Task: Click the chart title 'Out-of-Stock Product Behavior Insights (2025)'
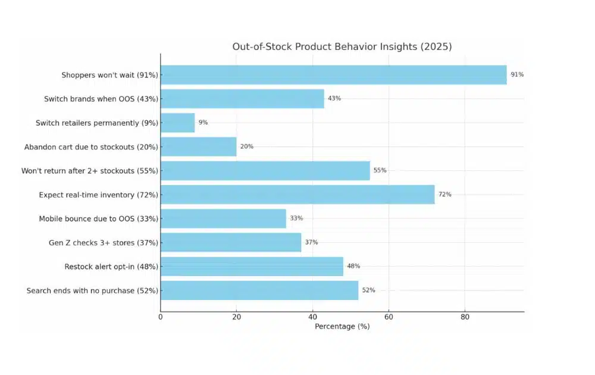point(342,46)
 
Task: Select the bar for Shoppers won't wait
point(333,75)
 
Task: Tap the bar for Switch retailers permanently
point(177,123)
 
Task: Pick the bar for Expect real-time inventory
point(297,195)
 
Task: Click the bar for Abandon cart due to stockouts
point(198,146)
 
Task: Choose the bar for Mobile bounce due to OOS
point(223,218)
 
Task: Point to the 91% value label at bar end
point(517,75)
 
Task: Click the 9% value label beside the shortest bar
point(203,123)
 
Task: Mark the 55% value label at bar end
point(380,170)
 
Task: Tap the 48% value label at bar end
point(353,266)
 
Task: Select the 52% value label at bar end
point(368,290)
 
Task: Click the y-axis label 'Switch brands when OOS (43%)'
point(101,99)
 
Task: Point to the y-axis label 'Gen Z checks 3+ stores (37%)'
point(103,243)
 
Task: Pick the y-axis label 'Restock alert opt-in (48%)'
point(111,267)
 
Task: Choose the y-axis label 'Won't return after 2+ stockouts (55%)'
point(89,171)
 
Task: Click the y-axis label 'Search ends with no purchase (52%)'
point(92,290)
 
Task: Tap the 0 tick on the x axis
point(160,317)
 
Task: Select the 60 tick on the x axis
point(389,317)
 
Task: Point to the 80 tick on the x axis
point(465,317)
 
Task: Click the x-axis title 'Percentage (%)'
point(342,327)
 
